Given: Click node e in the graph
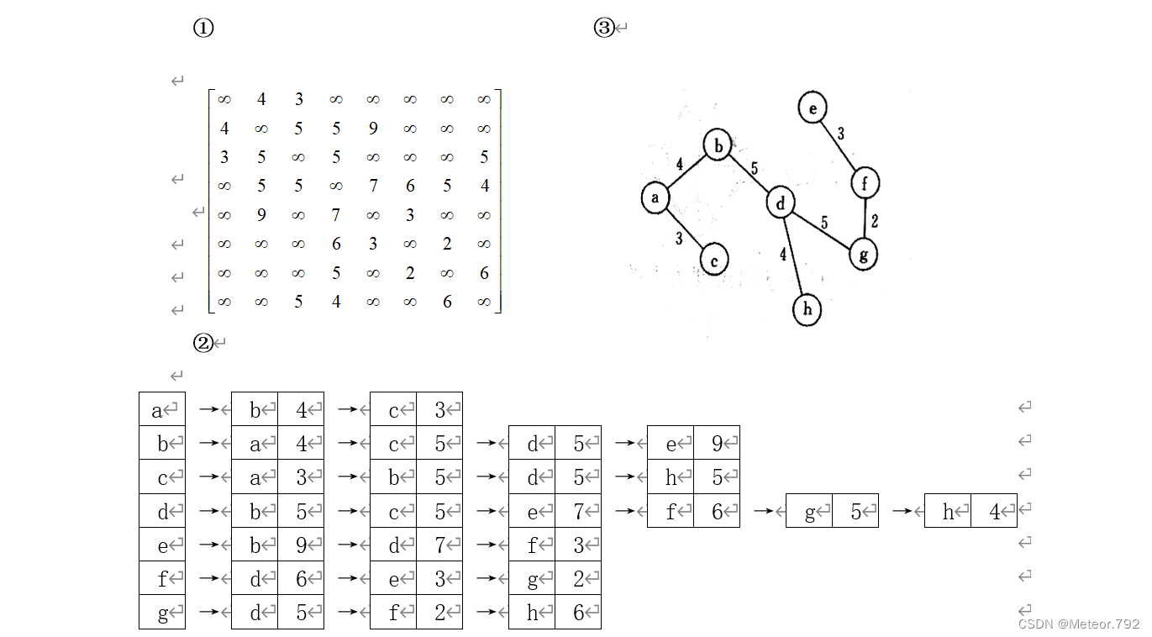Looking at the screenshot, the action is click(x=813, y=108).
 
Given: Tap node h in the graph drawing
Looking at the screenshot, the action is click(x=807, y=309).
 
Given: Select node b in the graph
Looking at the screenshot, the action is click(x=718, y=145).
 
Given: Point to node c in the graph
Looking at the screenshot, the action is click(x=714, y=260).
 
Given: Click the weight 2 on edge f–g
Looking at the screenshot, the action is click(x=875, y=222).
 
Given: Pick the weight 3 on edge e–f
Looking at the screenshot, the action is click(x=840, y=134).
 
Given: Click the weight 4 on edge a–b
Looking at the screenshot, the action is click(x=679, y=164).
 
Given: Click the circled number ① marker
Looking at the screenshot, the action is click(x=203, y=28).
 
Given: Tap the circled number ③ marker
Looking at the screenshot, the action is click(x=604, y=28).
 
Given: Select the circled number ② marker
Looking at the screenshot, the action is click(x=203, y=343).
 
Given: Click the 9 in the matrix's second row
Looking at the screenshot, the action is click(x=373, y=129).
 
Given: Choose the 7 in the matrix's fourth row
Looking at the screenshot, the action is click(x=373, y=186).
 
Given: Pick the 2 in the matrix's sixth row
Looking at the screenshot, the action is click(x=447, y=244).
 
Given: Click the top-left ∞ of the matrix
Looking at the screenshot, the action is click(x=224, y=99).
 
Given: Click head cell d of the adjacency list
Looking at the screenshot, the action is click(x=162, y=511).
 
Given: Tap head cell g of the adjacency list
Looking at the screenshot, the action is click(x=162, y=613).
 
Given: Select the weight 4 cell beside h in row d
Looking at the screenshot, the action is click(x=994, y=511).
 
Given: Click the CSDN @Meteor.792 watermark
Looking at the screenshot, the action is click(x=1079, y=624).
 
